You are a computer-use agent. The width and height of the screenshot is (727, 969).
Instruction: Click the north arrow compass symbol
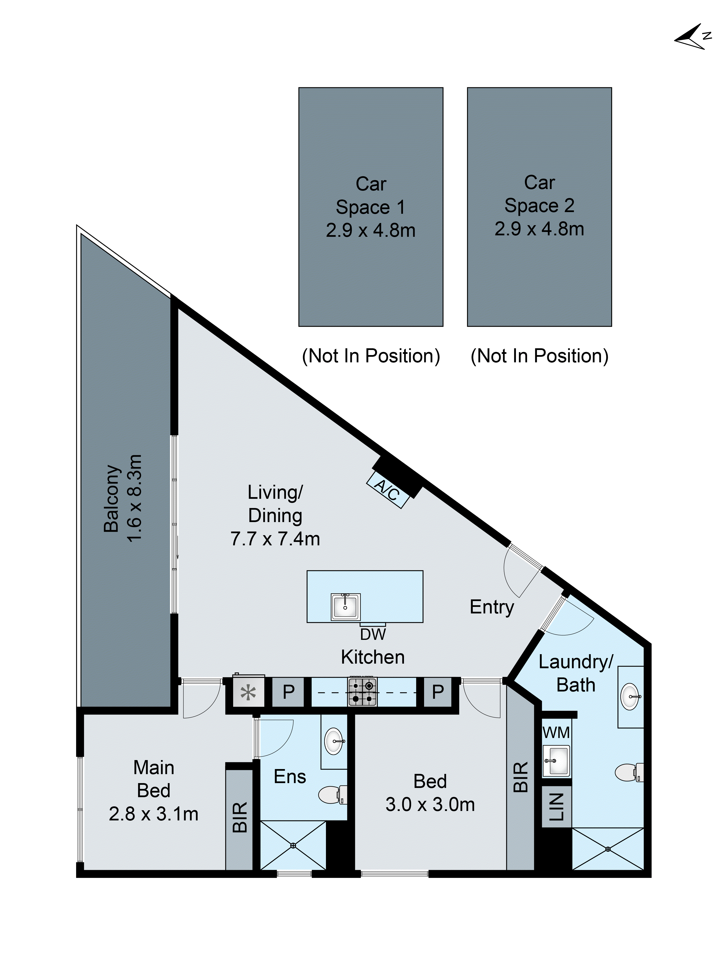[x=692, y=38]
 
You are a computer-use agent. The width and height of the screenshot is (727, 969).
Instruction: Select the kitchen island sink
[x=346, y=607]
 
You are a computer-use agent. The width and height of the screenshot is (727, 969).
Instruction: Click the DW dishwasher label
[x=373, y=634]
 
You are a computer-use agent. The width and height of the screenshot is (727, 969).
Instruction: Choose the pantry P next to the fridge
[x=288, y=692]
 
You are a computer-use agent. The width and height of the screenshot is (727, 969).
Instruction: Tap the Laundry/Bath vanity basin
[x=630, y=697]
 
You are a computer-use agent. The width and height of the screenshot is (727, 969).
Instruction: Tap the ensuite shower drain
[x=293, y=845]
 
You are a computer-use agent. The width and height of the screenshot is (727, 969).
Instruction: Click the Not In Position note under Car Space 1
[x=371, y=356]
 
